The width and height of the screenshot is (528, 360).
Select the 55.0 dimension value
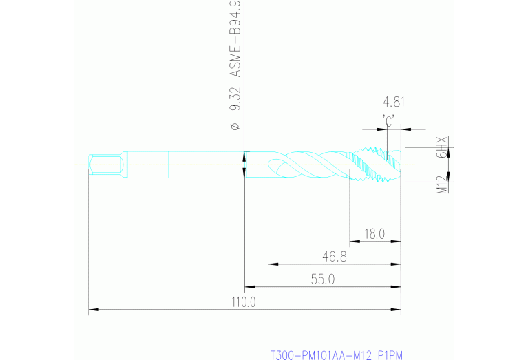322,279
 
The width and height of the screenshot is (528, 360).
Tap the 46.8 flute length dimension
333,257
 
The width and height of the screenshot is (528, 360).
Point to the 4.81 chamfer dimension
394,103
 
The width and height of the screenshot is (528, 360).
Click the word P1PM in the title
390,355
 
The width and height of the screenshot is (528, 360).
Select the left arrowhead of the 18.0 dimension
354,241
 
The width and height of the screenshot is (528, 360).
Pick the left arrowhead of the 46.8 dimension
271,264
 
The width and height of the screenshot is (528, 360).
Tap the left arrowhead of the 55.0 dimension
249,286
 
